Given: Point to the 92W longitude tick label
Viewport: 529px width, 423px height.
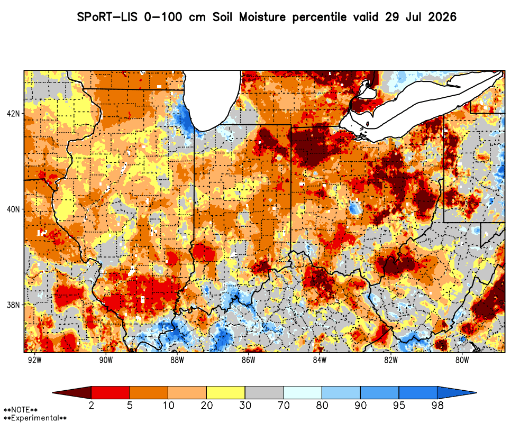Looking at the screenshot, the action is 35,360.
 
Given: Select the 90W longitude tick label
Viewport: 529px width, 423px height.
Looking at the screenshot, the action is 106,360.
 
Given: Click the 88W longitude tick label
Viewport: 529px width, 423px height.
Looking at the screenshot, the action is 177,360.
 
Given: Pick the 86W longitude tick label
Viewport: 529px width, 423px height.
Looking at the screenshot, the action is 248,360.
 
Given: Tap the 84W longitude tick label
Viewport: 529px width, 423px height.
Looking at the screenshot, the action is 320,360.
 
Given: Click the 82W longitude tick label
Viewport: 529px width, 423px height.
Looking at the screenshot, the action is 391,360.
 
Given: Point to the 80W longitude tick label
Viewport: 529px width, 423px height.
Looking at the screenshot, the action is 462,360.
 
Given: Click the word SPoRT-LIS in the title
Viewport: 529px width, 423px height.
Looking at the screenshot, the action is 107,17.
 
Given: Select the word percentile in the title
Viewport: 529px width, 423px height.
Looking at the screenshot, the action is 319,17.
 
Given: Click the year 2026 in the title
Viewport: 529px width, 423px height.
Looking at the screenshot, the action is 442,17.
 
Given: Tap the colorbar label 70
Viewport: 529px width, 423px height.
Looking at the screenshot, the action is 284,405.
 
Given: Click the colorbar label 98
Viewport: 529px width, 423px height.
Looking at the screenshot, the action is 437,405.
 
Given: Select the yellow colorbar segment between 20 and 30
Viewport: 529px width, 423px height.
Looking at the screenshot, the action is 226,393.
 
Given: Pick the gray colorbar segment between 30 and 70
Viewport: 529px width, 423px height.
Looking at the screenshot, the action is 264,393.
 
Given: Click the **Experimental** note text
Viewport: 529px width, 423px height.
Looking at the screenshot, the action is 35,418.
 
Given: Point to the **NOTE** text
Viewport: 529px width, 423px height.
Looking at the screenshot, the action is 21,410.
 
